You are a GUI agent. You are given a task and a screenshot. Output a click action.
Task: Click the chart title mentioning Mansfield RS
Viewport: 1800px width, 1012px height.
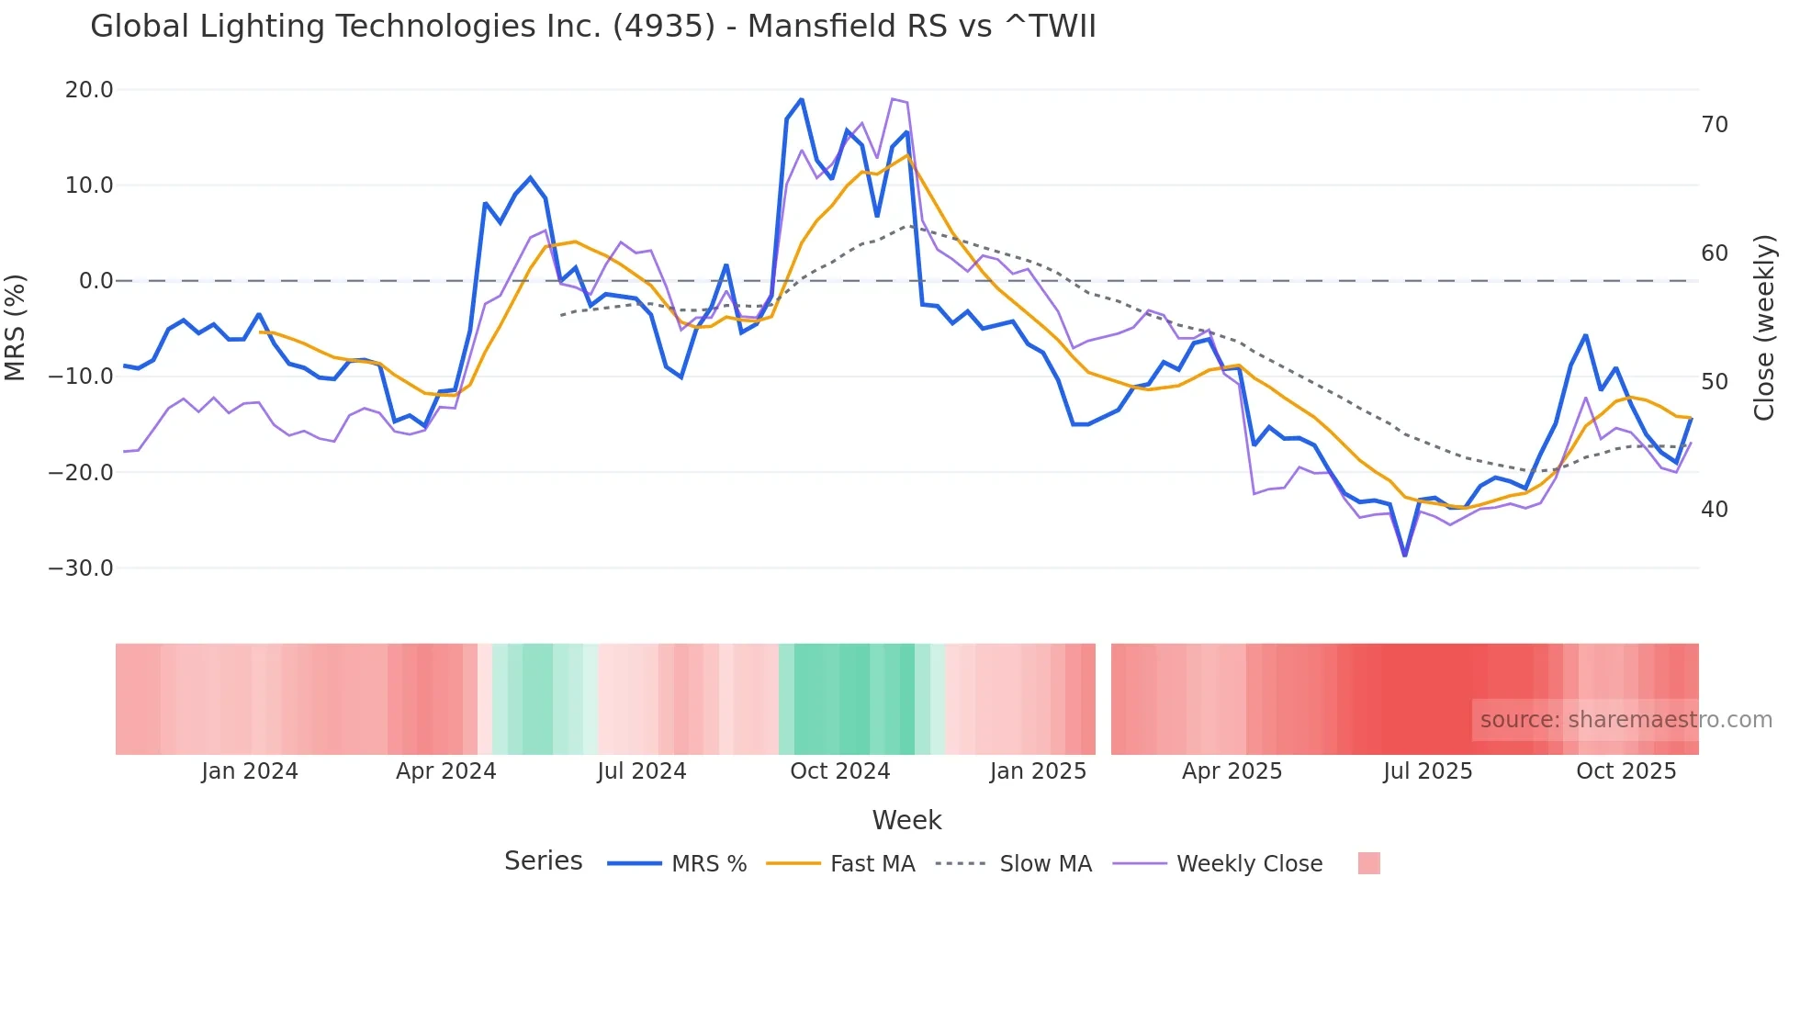593,27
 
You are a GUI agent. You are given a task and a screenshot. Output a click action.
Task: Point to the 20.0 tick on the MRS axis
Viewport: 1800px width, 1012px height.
89,90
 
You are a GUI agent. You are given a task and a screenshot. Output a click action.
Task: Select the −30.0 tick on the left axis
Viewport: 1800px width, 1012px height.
81,568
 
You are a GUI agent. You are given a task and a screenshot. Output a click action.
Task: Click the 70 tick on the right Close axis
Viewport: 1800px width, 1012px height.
1715,125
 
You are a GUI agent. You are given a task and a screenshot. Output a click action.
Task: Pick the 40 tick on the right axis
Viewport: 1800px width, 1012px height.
1715,510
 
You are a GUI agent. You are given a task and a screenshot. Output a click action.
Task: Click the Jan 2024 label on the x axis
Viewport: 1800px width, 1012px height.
250,771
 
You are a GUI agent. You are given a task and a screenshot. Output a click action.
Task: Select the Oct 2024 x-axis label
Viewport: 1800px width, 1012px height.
840,771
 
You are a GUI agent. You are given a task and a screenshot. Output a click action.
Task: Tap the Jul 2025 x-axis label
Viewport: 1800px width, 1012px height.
1427,771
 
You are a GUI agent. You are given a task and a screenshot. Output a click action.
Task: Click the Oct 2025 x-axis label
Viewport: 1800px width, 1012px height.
1626,771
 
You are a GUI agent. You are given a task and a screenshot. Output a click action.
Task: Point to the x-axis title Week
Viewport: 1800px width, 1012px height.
906,820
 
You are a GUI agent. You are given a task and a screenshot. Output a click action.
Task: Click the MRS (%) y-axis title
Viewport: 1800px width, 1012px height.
16,328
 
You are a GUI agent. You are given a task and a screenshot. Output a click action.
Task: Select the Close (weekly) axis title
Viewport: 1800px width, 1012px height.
1763,328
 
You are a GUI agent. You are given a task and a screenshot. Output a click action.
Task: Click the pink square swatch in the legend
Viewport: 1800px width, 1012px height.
1368,863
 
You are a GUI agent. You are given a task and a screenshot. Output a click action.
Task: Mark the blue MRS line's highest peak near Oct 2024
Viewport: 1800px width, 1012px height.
801,99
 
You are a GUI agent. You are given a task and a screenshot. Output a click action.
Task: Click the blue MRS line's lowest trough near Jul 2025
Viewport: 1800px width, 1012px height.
1404,555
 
